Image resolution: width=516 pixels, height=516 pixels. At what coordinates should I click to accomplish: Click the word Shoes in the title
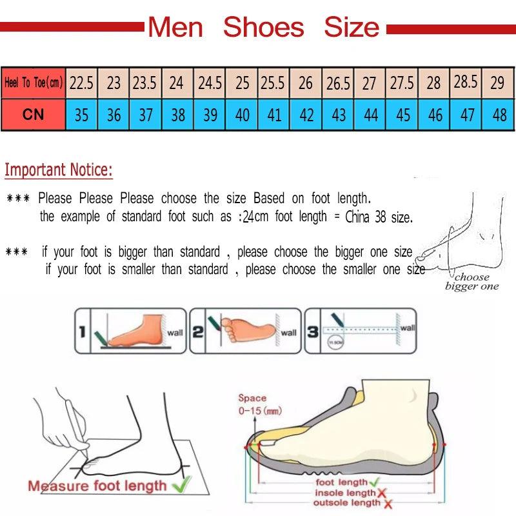263,27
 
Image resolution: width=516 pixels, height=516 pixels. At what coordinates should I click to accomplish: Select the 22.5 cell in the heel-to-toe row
81,83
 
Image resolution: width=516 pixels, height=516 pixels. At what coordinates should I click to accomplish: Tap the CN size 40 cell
243,115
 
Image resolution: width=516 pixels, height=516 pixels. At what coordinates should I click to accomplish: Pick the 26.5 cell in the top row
338,83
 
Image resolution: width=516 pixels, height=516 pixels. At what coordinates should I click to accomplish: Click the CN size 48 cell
499,115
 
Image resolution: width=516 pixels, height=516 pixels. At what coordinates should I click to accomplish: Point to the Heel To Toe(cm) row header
34,83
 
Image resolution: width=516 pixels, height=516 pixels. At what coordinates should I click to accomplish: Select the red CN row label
34,115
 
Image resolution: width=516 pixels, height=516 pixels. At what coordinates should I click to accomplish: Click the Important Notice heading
59,170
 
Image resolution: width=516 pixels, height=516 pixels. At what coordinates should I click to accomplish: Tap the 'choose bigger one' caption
471,282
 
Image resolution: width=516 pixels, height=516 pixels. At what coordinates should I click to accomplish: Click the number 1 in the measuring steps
83,332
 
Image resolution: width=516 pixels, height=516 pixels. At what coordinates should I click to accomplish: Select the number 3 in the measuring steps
313,332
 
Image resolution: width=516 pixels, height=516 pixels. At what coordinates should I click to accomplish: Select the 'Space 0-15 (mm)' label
252,404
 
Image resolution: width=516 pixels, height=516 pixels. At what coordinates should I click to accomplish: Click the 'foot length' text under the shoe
341,482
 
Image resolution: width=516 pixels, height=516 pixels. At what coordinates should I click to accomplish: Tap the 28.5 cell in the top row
466,82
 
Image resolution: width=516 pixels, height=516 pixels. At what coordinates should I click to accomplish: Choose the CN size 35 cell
81,115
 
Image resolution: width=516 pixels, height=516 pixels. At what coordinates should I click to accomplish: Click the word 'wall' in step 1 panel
175,333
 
